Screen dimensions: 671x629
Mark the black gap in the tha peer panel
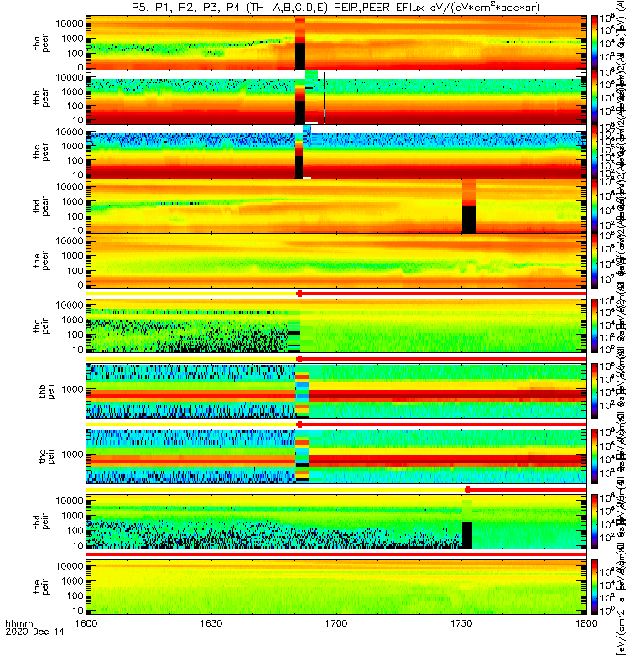click(x=300, y=57)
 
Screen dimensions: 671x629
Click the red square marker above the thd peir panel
click(x=468, y=489)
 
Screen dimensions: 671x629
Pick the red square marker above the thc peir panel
click(x=299, y=424)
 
